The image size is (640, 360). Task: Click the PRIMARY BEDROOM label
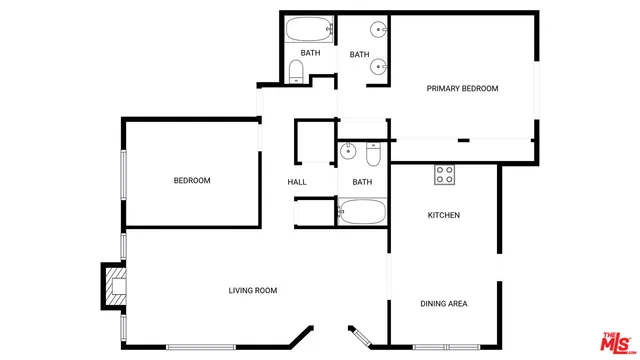(462, 89)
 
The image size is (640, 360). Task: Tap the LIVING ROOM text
(252, 291)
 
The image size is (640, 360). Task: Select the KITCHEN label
(443, 215)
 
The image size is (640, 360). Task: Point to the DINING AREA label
(443, 304)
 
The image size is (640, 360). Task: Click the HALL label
(297, 182)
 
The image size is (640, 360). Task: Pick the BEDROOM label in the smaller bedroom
(192, 181)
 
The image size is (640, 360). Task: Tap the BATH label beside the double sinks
(360, 55)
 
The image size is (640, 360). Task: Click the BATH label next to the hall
(361, 182)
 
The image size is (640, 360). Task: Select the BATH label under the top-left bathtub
(310, 53)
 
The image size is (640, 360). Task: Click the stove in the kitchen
(444, 175)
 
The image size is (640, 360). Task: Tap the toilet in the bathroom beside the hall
(372, 154)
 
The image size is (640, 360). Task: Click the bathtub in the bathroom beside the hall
(361, 211)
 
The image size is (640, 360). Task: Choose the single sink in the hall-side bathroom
(347, 152)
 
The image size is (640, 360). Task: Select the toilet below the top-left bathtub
(296, 71)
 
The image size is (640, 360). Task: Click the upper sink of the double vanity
(379, 30)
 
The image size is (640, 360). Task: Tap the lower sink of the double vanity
(379, 67)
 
